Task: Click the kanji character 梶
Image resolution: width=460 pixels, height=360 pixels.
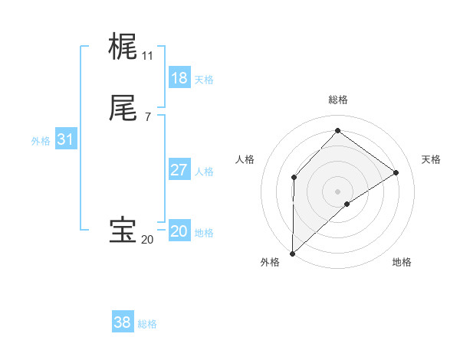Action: point(123,47)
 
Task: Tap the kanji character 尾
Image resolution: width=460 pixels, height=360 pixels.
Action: point(123,108)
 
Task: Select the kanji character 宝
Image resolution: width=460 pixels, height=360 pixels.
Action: point(123,231)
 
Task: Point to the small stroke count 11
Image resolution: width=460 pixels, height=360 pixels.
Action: point(147,56)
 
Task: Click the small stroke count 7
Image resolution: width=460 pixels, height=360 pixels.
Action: point(147,116)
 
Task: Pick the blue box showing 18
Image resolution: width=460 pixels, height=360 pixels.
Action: point(179,78)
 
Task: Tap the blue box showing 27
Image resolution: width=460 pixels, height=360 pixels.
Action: point(179,170)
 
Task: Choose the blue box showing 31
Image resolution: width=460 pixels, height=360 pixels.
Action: point(65,139)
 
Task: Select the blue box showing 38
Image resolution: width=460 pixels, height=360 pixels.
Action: point(122,322)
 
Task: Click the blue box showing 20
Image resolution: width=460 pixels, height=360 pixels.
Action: point(179,231)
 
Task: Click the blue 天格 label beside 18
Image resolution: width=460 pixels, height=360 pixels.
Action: point(204,80)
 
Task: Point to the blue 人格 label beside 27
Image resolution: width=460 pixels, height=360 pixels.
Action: point(204,172)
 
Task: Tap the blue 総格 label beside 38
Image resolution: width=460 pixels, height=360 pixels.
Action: point(147,324)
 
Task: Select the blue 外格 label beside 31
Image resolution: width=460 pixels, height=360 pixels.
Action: point(41,141)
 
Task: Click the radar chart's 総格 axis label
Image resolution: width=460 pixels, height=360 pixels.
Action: point(338,100)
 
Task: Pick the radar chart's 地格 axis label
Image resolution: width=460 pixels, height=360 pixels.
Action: point(402,262)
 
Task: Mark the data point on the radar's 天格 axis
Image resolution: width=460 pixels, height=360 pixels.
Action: point(396,172)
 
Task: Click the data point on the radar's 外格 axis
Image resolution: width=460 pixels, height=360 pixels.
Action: point(292,254)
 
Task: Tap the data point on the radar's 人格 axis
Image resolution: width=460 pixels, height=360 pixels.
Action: point(294,178)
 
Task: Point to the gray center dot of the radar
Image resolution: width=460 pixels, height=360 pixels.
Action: point(338,191)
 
